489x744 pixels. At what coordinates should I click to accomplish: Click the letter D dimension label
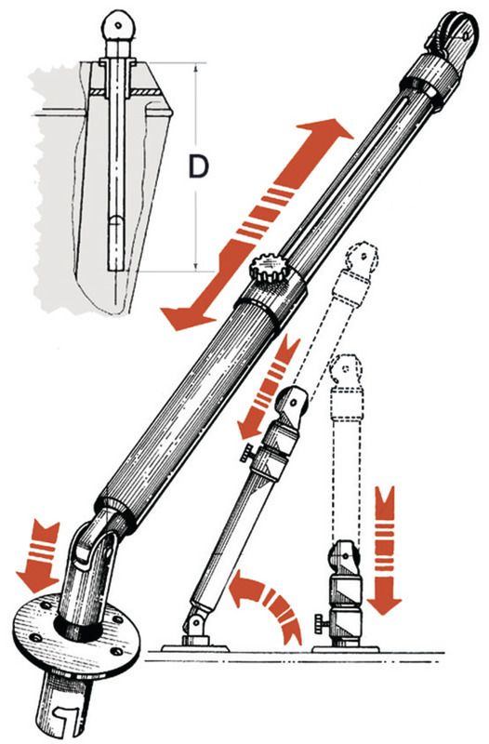coord(198,166)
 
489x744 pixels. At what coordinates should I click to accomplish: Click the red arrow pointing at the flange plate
coord(39,556)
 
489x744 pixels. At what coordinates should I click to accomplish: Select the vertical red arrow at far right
coord(385,550)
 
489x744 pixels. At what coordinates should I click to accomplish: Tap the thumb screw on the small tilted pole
coord(248,453)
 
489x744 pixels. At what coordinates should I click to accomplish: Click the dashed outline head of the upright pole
coord(346,370)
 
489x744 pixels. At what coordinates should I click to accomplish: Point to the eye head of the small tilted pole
coord(293,403)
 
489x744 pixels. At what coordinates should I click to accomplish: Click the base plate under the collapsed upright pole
coord(345,648)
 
